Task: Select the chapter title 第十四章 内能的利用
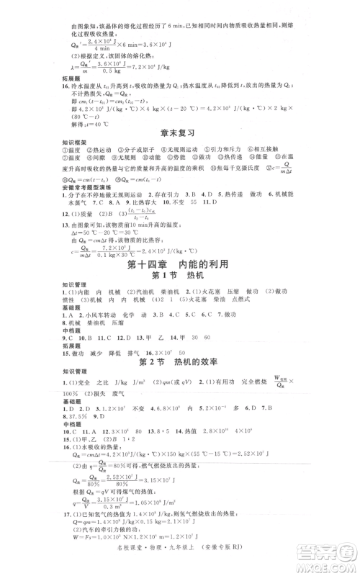click(179, 264)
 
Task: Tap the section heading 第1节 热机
click(179, 277)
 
